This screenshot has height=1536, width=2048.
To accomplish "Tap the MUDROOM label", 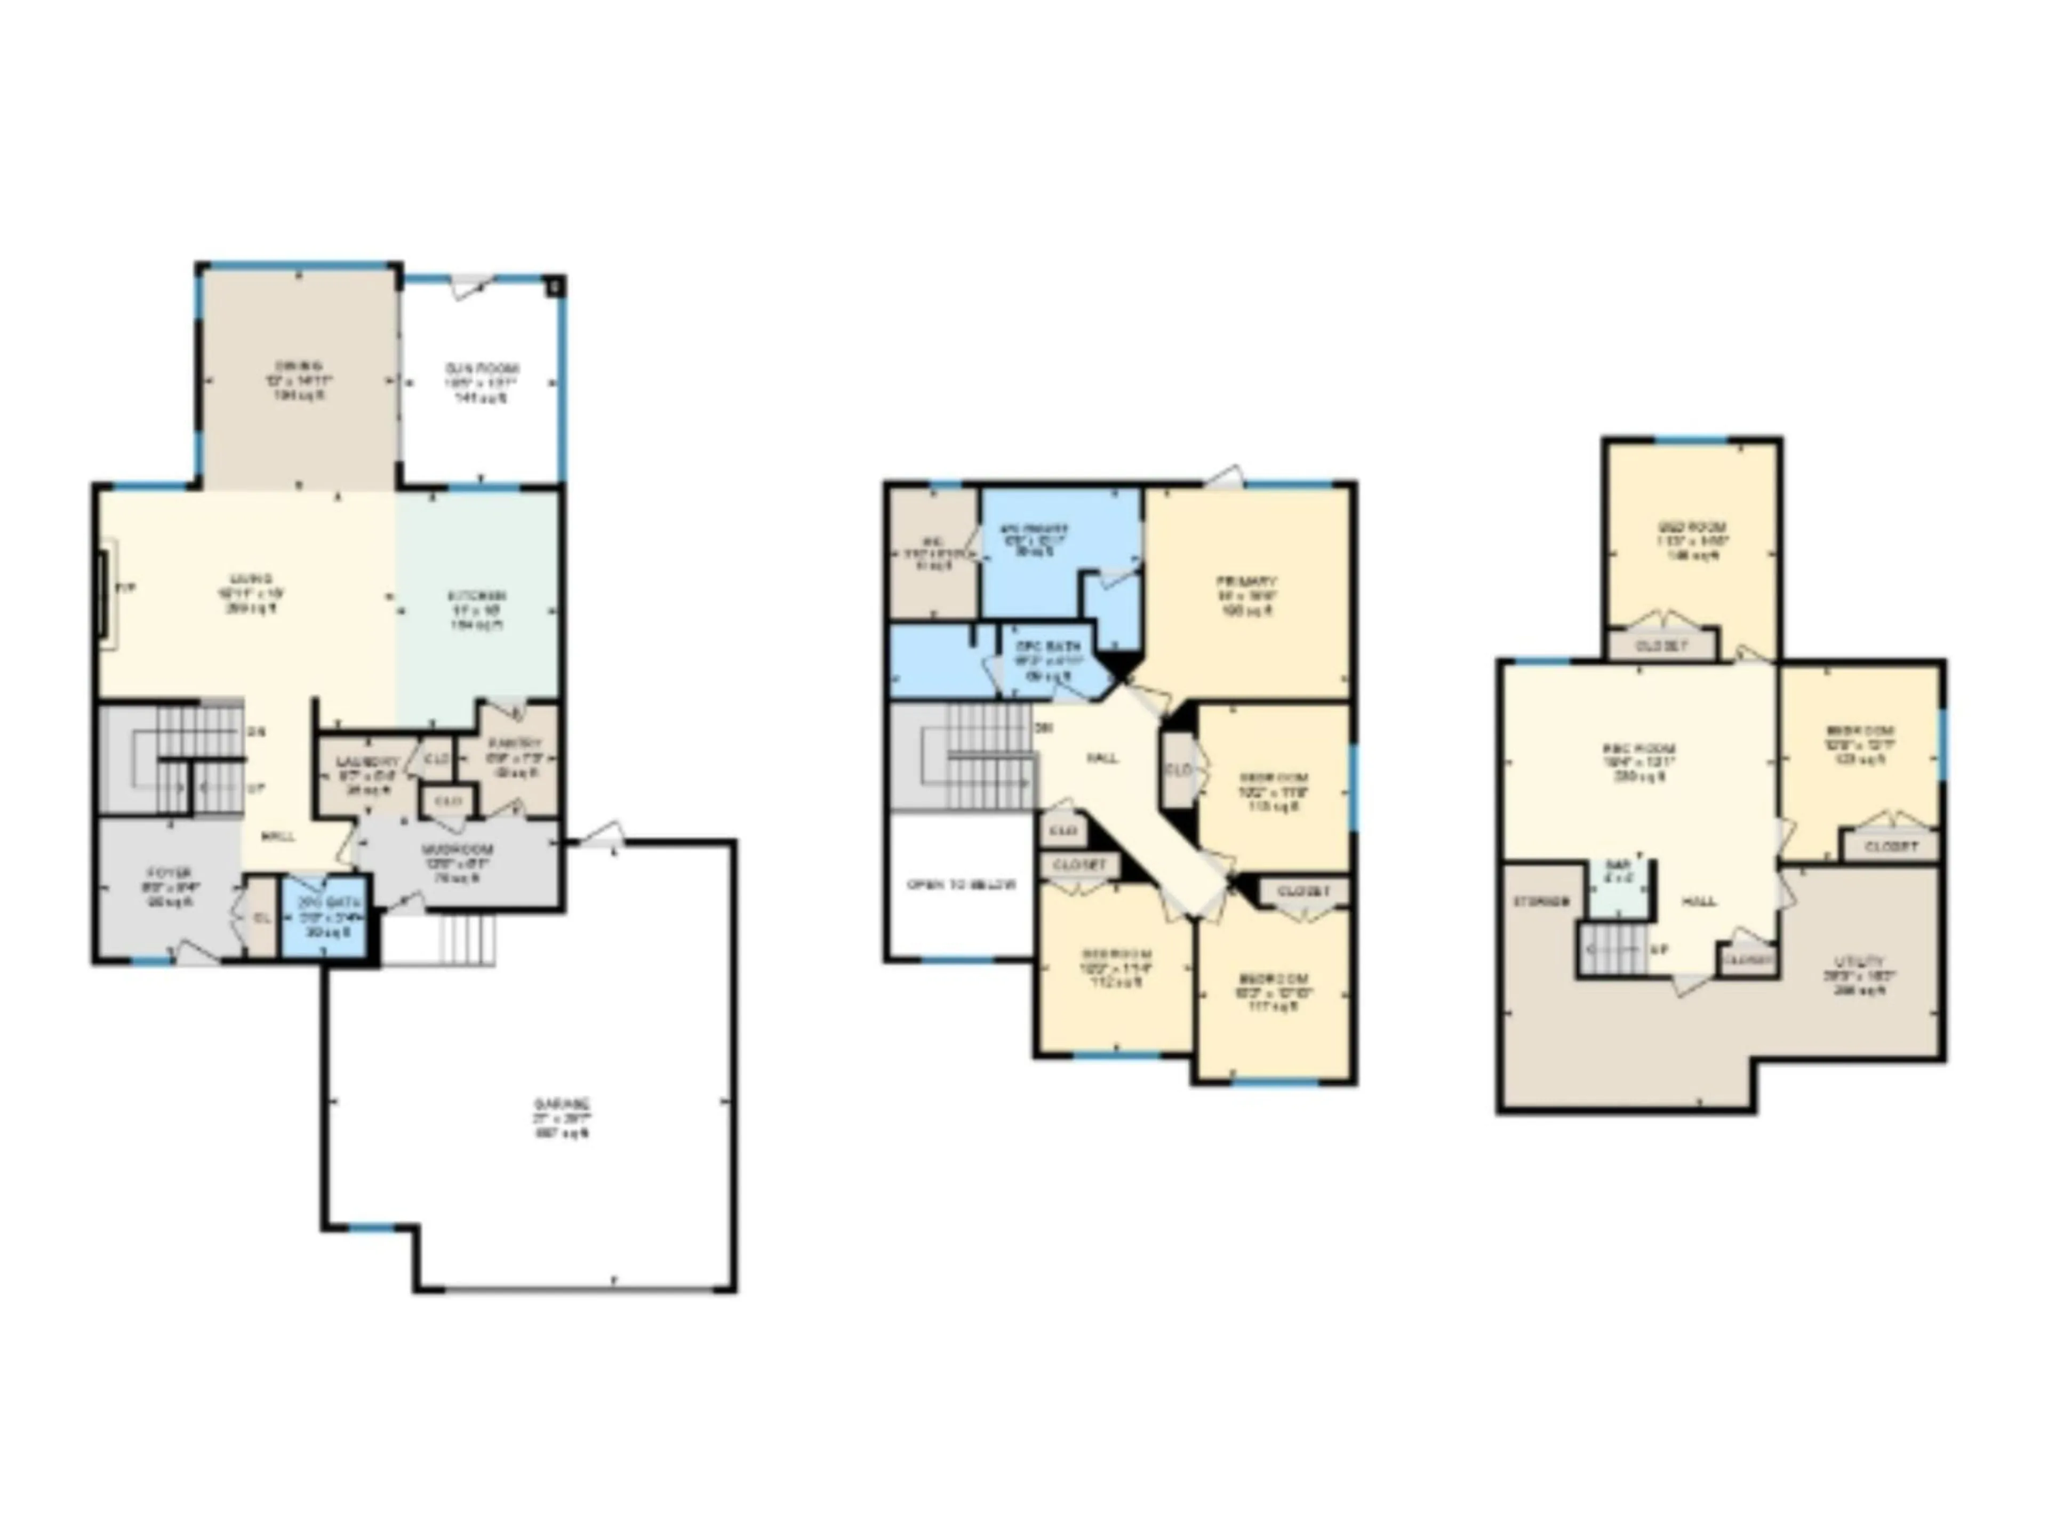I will click(458, 849).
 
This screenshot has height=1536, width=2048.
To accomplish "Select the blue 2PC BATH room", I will click(329, 917).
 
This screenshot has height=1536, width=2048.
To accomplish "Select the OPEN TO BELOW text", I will click(960, 884).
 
